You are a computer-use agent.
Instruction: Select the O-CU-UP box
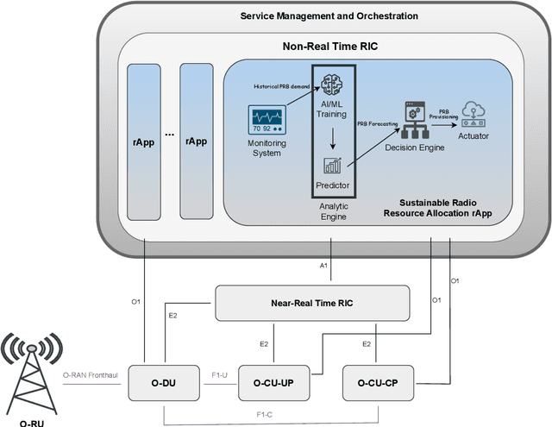(x=273, y=382)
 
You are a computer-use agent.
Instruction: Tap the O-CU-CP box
(x=378, y=382)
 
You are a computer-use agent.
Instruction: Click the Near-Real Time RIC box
(x=311, y=302)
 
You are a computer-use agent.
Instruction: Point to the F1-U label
(x=220, y=376)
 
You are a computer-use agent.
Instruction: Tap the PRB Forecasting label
(x=379, y=125)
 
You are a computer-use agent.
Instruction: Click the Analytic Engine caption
(x=332, y=212)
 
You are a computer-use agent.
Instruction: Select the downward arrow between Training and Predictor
(x=331, y=134)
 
